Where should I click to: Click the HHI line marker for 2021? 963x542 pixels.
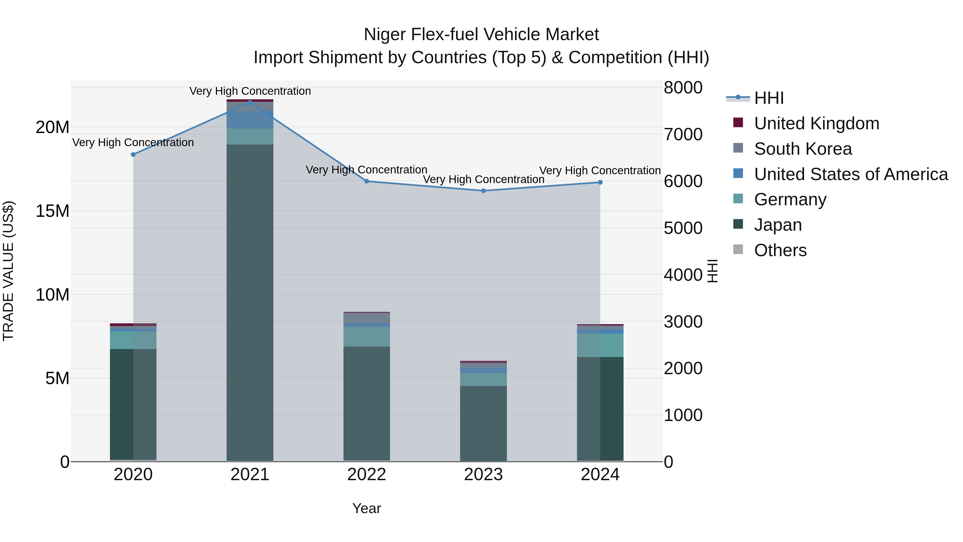pos(250,102)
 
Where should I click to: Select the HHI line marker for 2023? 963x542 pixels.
pos(483,191)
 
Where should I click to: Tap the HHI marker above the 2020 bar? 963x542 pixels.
pos(133,154)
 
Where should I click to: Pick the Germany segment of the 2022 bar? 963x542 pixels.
pos(366,337)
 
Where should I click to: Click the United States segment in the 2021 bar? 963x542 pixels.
pos(250,120)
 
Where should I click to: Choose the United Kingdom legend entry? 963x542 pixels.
pos(816,123)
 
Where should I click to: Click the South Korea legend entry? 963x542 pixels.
pos(802,149)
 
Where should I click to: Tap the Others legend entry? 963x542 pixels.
pos(780,250)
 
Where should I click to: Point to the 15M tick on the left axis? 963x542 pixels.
pos(52,211)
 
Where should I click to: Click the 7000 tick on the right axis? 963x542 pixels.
pos(683,134)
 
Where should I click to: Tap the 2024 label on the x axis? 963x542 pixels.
pos(600,475)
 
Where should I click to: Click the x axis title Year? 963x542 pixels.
pos(366,508)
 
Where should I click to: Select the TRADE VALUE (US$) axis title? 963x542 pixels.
pos(8,271)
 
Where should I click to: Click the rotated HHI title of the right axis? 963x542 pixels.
pos(713,271)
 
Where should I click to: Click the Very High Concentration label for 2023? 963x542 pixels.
pos(483,180)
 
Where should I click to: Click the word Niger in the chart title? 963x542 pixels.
pos(385,35)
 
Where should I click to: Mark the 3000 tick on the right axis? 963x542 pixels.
pos(683,322)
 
